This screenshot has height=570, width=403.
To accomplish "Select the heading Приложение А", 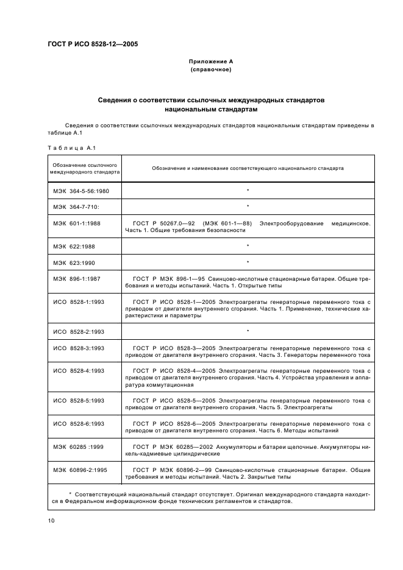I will (x=210, y=62).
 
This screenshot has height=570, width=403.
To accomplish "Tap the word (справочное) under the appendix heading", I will (x=210, y=69).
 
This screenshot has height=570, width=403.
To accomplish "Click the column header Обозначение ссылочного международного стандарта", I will (x=85, y=168).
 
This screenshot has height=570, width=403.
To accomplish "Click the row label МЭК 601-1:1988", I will (x=77, y=223).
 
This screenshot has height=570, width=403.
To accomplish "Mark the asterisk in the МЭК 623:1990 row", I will (x=248, y=262).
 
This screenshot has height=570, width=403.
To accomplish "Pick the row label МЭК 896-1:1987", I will (x=77, y=279).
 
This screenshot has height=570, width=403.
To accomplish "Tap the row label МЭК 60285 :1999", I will (x=78, y=446).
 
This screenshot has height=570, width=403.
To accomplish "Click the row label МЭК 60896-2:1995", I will (x=80, y=470).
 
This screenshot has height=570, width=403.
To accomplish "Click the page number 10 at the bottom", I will (x=52, y=521).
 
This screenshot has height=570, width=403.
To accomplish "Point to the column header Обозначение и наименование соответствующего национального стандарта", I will (x=248, y=168).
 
